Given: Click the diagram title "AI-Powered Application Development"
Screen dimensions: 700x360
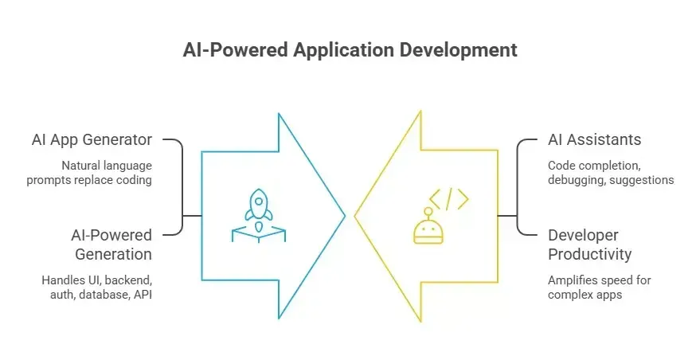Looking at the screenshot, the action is point(350,49).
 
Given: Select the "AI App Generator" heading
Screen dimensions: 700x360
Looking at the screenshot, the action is point(92,140).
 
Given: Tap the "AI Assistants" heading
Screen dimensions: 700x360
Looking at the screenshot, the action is point(595,140).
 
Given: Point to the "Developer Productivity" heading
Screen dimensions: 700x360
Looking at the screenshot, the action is point(590,245).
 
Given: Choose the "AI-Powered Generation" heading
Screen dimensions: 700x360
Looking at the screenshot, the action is point(111,245).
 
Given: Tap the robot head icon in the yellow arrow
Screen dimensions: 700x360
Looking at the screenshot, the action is point(428,227).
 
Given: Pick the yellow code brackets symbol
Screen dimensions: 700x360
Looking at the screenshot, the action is point(449,199).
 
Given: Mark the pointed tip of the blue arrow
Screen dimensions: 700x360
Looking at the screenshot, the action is point(345,216).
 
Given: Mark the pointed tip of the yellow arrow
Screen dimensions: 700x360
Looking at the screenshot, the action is point(355,216).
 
